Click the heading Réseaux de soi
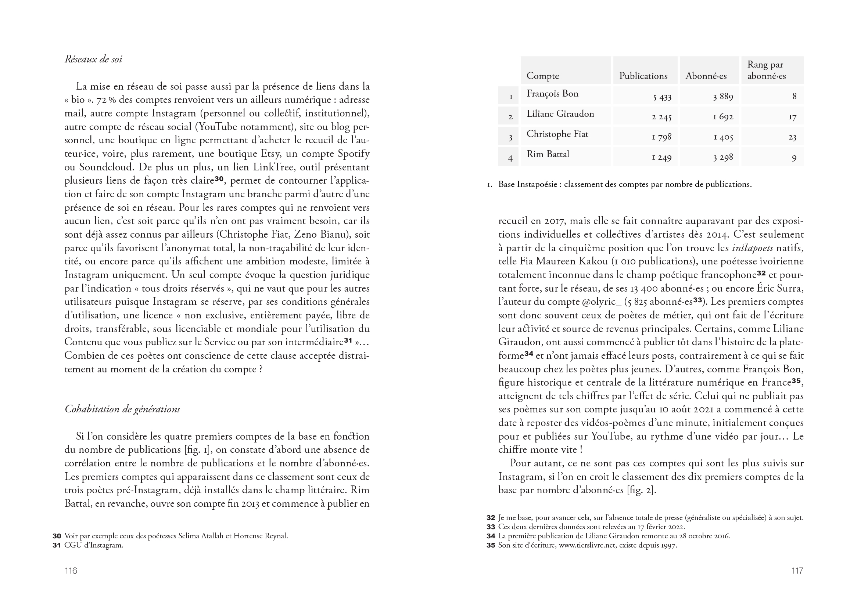point(93,59)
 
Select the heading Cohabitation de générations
point(122,409)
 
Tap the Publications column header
point(643,76)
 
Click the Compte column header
point(542,76)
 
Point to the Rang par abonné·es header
point(766,70)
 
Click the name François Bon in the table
point(552,94)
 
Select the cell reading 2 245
point(661,117)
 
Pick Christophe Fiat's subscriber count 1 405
point(723,137)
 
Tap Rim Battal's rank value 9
point(794,158)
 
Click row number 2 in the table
point(510,117)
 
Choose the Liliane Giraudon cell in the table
point(560,114)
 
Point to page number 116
point(71,571)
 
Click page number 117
point(797,571)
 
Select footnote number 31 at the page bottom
point(57,545)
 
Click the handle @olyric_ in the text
point(597,302)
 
